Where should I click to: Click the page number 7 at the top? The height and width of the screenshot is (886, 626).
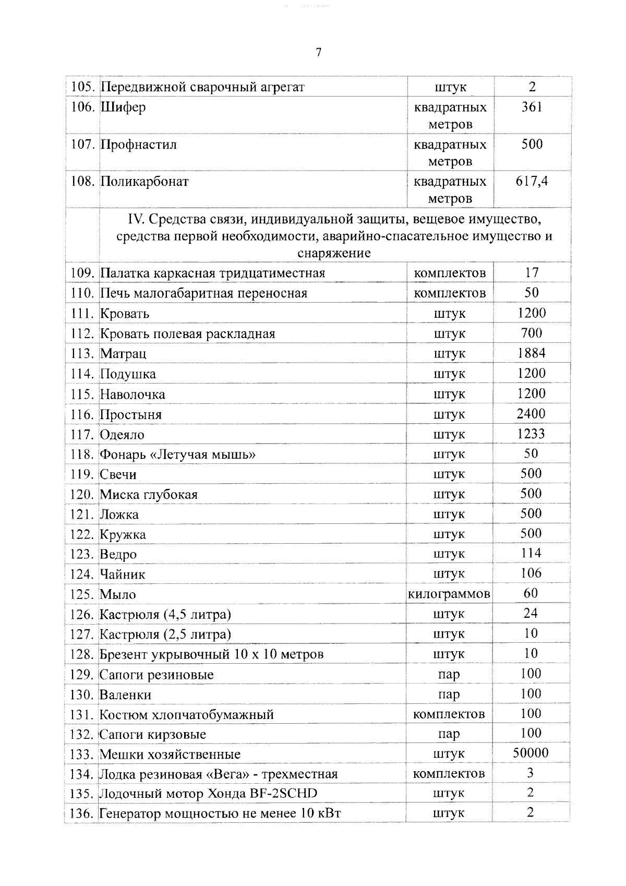[x=319, y=52]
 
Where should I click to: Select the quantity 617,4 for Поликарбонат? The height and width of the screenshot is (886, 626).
[x=532, y=182]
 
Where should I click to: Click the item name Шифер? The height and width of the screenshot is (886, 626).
[x=123, y=107]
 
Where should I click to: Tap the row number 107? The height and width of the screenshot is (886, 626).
[x=82, y=145]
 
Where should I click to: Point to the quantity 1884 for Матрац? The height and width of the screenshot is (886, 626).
[x=532, y=353]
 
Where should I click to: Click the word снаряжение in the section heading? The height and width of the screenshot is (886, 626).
[x=334, y=254]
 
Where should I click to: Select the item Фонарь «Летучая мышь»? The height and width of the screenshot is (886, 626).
[x=177, y=454]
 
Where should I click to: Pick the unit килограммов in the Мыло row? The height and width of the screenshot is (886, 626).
[x=449, y=594]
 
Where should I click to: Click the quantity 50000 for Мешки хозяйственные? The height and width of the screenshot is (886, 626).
[x=531, y=753]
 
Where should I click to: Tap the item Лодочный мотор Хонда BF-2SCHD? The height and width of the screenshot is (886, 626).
[x=208, y=794]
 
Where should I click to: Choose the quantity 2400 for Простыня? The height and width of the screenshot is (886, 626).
[x=531, y=414]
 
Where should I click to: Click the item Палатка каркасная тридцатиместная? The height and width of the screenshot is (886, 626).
[x=212, y=273]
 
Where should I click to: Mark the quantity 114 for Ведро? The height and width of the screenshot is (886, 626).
[x=531, y=553]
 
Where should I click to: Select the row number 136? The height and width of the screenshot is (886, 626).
[x=81, y=813]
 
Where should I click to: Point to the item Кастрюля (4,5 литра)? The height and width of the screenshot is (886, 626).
[x=165, y=614]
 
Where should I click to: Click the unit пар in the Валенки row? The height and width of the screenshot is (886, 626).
[x=449, y=695]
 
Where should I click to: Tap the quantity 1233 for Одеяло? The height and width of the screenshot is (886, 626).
[x=531, y=434]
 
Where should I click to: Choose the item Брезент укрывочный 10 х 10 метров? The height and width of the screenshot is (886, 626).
[x=211, y=654]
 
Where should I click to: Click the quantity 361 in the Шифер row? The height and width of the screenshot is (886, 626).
[x=532, y=107]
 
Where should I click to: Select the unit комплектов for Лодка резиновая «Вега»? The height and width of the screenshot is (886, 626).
[x=449, y=773]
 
